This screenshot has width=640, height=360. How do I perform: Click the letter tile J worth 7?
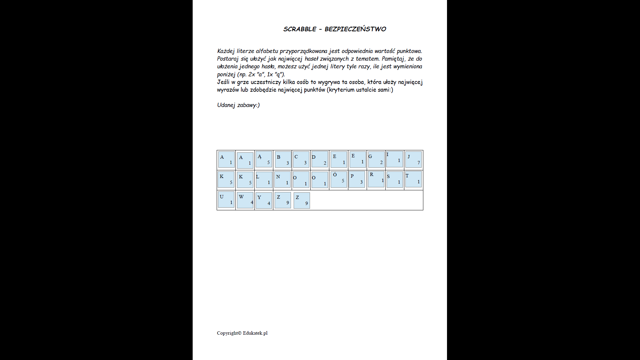[413, 160]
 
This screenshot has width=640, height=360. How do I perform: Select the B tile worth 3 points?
[283, 160]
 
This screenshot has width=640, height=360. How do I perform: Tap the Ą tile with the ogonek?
[264, 159]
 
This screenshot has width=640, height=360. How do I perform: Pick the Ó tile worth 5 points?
[339, 179]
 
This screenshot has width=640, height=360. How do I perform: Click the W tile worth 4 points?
[245, 200]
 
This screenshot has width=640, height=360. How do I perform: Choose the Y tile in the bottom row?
[264, 200]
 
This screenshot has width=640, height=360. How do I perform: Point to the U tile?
[226, 199]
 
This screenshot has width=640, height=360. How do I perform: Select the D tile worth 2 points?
[320, 160]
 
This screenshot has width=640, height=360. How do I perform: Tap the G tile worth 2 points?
[376, 159]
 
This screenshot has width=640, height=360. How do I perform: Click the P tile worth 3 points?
[357, 179]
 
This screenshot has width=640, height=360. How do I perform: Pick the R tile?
[376, 179]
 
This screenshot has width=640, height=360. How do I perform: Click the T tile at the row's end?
[413, 179]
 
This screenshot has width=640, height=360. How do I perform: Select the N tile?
[282, 180]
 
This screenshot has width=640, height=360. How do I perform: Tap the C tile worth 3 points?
[301, 160]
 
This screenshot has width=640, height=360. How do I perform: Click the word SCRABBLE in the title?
[300, 29]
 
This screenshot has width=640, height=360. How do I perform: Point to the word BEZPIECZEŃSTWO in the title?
[355, 29]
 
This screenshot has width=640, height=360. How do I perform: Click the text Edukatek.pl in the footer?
[255, 333]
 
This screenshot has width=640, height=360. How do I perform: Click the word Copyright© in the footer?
[229, 333]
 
